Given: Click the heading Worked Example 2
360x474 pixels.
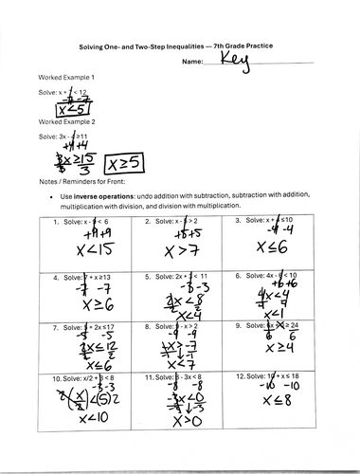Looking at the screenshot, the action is point(63,124).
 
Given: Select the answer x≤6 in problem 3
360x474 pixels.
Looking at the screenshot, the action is point(270,247).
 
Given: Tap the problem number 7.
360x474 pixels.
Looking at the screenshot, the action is point(45,326).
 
